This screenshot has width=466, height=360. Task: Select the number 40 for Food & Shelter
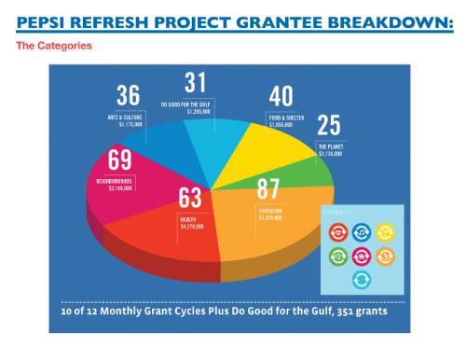click(281, 97)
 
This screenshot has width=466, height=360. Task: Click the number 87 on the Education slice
click(269, 190)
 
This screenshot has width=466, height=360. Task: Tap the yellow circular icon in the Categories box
click(385, 231)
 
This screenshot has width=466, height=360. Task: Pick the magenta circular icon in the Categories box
click(363, 255)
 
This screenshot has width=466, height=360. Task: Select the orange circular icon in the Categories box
click(385, 255)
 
